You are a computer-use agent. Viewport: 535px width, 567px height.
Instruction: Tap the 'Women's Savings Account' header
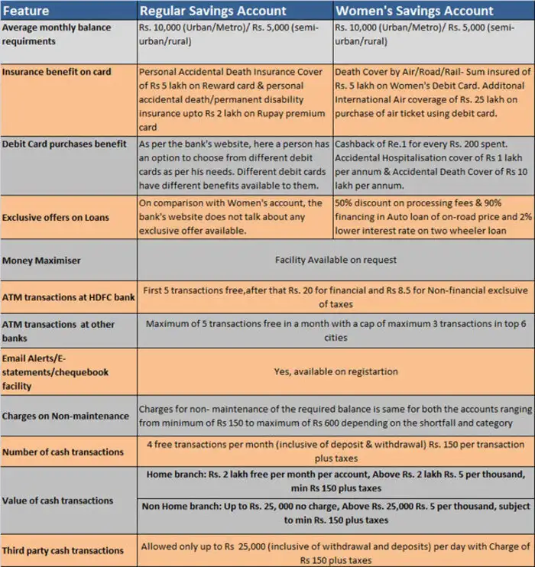click(x=414, y=11)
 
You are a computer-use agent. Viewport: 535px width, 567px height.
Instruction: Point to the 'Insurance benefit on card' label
click(x=57, y=72)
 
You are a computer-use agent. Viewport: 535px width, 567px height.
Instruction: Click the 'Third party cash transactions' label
click(x=63, y=550)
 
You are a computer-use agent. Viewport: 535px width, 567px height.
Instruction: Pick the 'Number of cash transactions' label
click(x=63, y=452)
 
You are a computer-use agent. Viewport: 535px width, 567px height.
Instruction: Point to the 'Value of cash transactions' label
click(x=58, y=501)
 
